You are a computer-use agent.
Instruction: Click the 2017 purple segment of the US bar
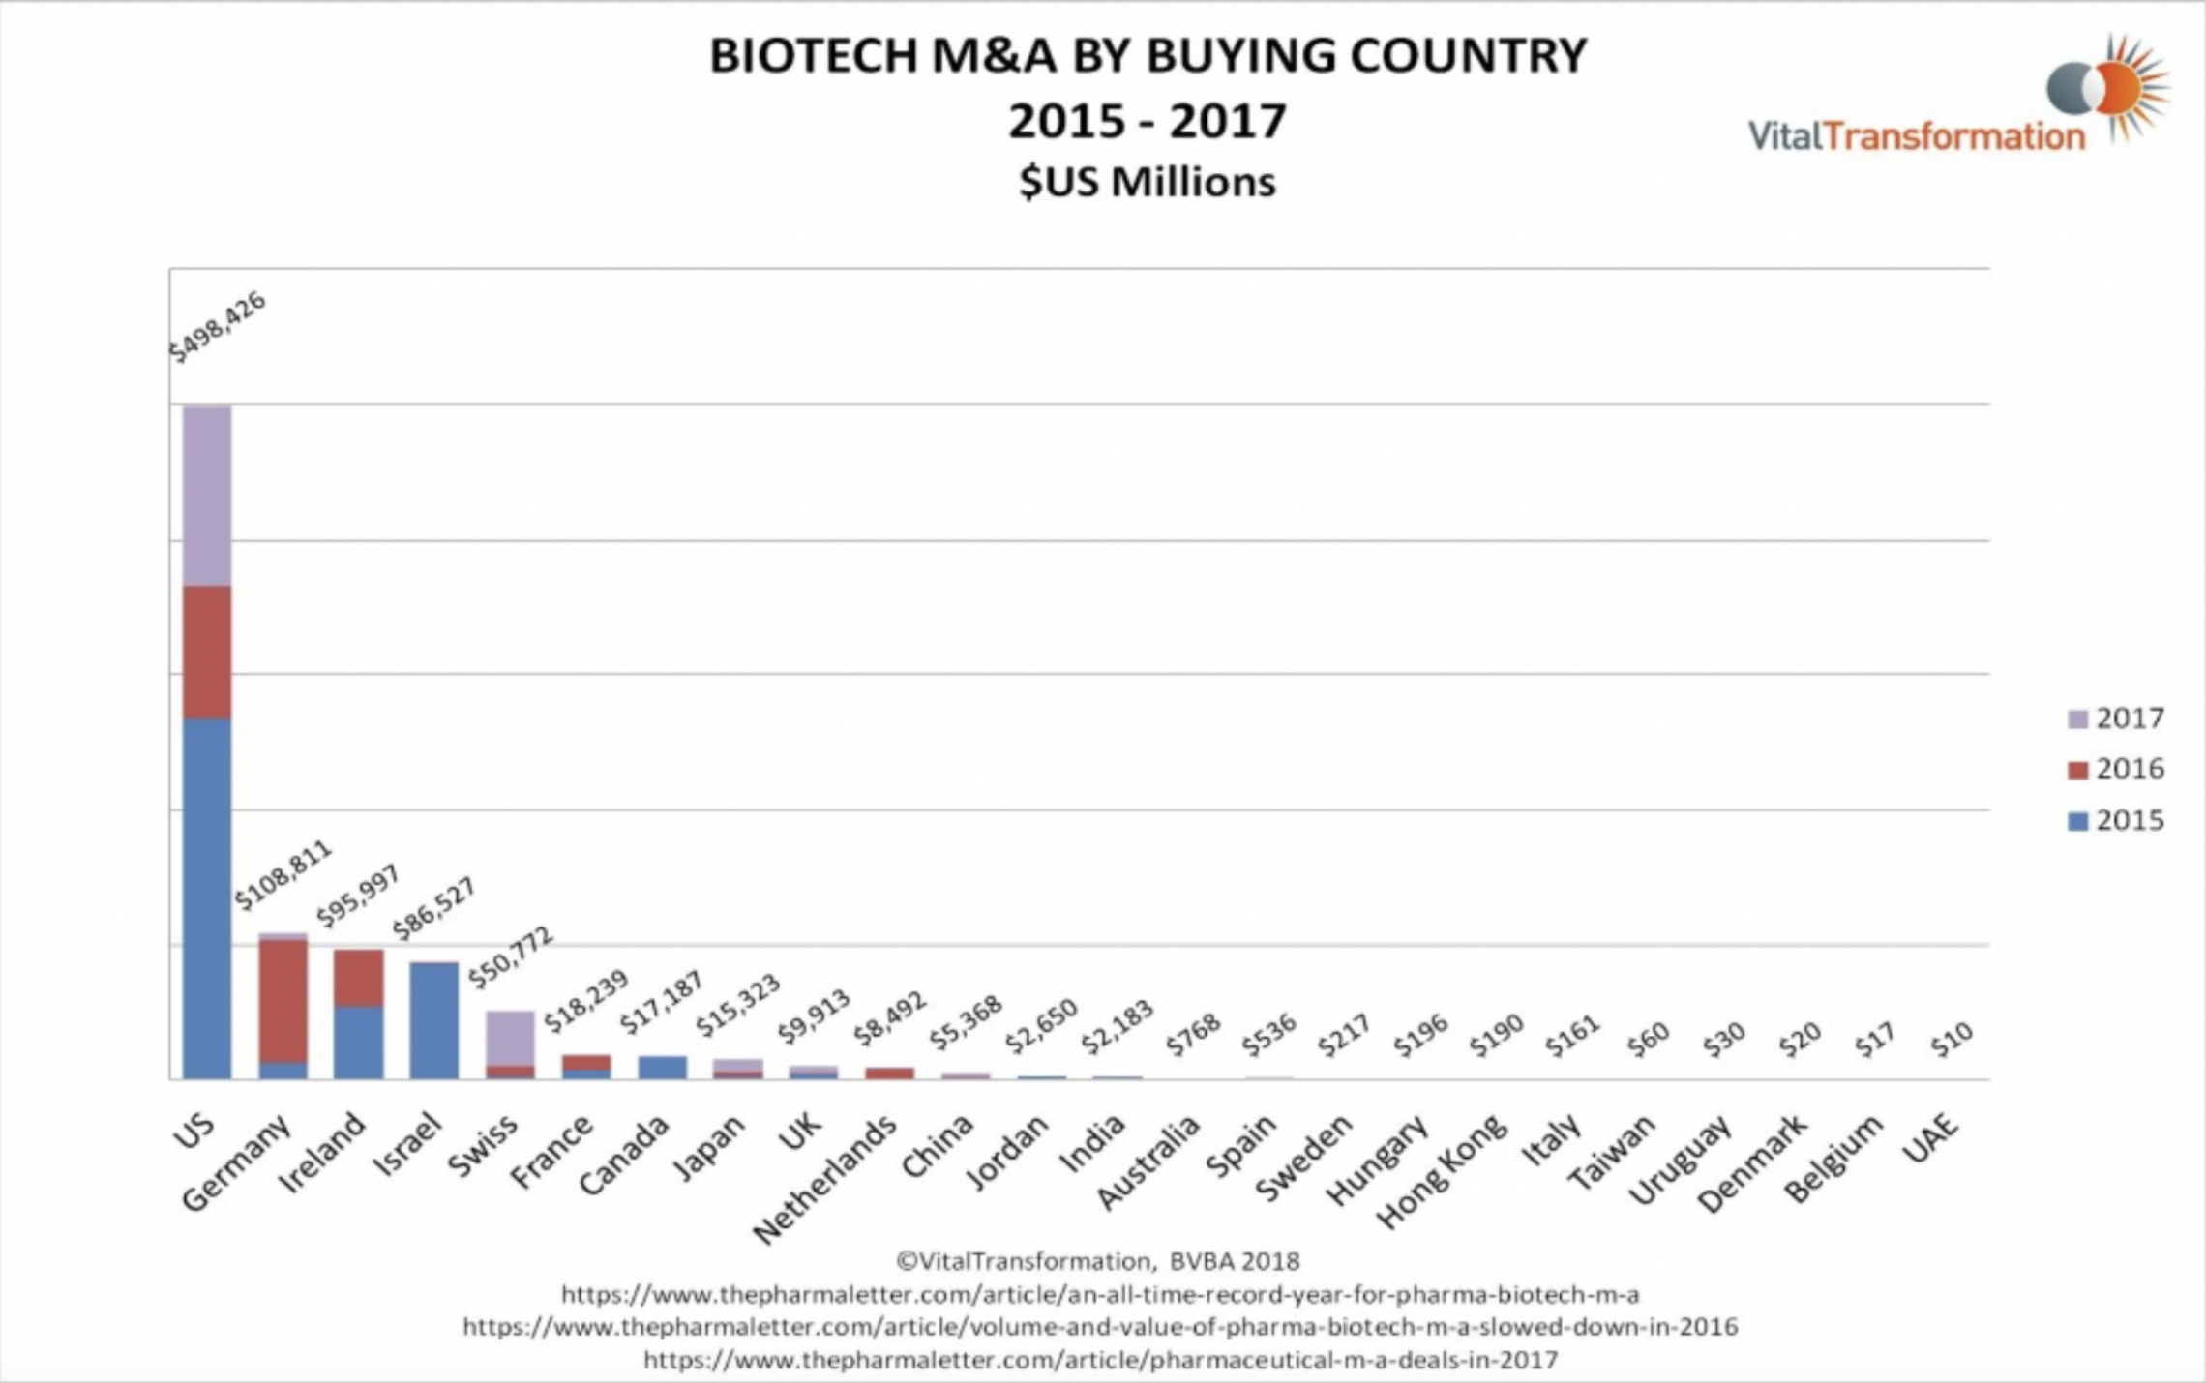coord(207,495)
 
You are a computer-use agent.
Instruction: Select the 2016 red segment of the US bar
coord(207,652)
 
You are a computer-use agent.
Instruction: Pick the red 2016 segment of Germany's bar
coord(283,1000)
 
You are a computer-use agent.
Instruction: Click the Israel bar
coord(433,1019)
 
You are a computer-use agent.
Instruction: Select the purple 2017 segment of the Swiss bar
coord(510,1038)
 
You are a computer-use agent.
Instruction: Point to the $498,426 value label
coord(217,326)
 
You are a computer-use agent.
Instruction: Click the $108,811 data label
coord(283,874)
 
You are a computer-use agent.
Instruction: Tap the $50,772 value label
coord(510,956)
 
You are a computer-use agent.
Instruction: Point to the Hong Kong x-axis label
coord(1442,1169)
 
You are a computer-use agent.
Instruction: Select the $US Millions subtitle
coord(1148,182)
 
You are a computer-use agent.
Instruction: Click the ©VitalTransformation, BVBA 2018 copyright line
coord(1097,1261)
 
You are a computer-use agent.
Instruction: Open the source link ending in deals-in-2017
coord(1100,1360)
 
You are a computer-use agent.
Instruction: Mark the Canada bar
coord(662,1067)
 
